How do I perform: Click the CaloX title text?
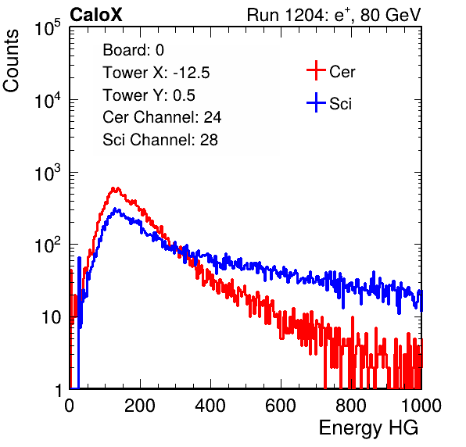coord(95,15)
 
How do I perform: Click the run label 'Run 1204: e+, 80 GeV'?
coord(334,15)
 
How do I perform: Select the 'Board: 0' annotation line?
coord(133,50)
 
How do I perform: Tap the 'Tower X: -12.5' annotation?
coord(156,73)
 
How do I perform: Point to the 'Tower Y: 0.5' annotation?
coord(149,95)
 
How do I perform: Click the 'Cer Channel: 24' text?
coord(162,117)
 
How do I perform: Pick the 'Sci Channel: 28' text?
coord(160,140)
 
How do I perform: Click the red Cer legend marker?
coord(316,70)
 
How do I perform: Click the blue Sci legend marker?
coord(316,102)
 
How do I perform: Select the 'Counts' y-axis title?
coord(11,60)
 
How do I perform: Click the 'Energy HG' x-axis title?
coord(368,428)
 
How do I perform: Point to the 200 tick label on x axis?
coord(140,406)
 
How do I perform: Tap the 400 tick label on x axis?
coord(210,406)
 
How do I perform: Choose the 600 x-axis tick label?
coord(281,406)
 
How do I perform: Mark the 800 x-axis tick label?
coord(351,406)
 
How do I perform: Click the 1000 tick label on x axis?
coord(421,406)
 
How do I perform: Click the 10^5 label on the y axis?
coord(48,28)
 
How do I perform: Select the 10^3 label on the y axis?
coord(48,173)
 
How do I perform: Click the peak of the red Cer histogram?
coord(113,188)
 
